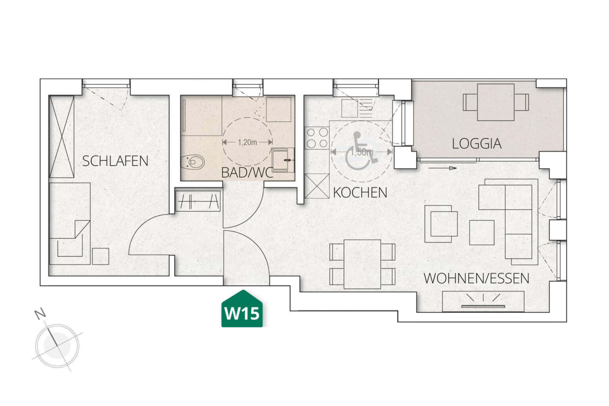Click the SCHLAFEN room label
click(115, 161)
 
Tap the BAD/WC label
click(247, 172)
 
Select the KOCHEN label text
click(360, 193)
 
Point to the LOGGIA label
click(477, 144)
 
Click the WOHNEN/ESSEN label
click(476, 278)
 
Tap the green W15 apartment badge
click(242, 311)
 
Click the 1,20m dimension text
click(247, 142)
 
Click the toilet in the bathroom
click(193, 162)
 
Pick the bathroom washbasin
click(283, 159)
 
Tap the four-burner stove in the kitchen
click(317, 138)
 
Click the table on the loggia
click(496, 102)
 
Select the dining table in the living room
click(362, 264)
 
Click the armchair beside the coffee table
click(441, 224)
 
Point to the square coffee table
click(482, 233)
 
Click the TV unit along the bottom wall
click(483, 301)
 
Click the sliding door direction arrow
click(442, 168)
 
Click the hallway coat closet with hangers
click(198, 201)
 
